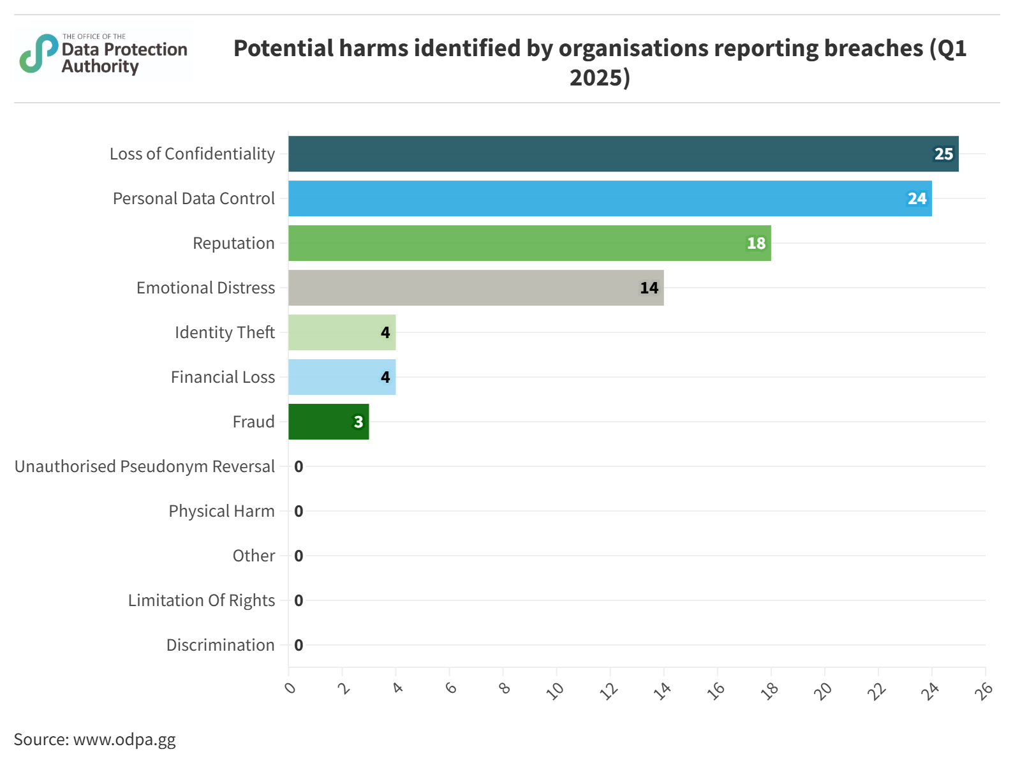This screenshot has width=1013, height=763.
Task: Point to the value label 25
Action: tap(943, 154)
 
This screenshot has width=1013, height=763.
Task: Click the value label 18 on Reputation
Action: tap(756, 244)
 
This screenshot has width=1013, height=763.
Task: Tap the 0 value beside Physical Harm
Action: tap(299, 511)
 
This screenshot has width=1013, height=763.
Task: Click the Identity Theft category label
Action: tap(225, 332)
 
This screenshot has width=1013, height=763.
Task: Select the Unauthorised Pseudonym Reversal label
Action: tap(145, 466)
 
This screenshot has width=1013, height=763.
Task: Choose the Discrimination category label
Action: tap(220, 645)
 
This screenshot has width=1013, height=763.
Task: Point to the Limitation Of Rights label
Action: tap(201, 600)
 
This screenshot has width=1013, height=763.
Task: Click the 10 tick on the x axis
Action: tap(556, 690)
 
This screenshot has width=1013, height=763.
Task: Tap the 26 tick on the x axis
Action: tap(986, 690)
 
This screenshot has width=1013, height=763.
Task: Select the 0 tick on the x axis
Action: tap(290, 688)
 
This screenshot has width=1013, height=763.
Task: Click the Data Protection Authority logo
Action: tap(103, 55)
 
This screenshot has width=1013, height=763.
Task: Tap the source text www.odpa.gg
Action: tap(124, 739)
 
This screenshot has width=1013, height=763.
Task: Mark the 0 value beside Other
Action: tap(299, 556)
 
